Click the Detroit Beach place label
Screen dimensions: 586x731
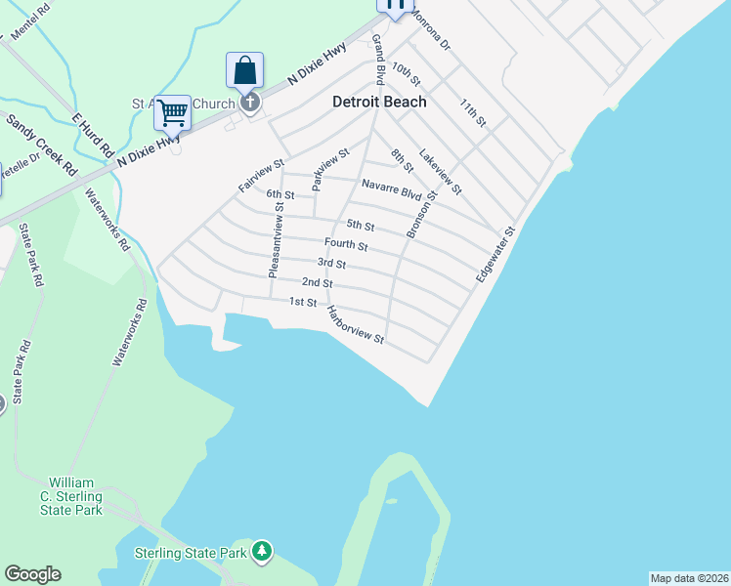[379, 102]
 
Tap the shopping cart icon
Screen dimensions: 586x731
[172, 112]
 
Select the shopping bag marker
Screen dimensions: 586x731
[244, 70]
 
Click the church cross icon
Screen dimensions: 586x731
[250, 102]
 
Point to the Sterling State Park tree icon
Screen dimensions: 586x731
[261, 552]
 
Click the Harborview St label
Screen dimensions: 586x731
[356, 326]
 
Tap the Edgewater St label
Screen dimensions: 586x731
[494, 256]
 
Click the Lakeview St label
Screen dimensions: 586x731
[440, 170]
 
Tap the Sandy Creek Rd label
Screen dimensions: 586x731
[41, 145]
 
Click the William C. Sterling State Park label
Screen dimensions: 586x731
[75, 496]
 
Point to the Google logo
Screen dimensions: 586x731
[32, 574]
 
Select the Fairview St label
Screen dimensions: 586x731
[261, 176]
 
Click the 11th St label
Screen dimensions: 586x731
[472, 110]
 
